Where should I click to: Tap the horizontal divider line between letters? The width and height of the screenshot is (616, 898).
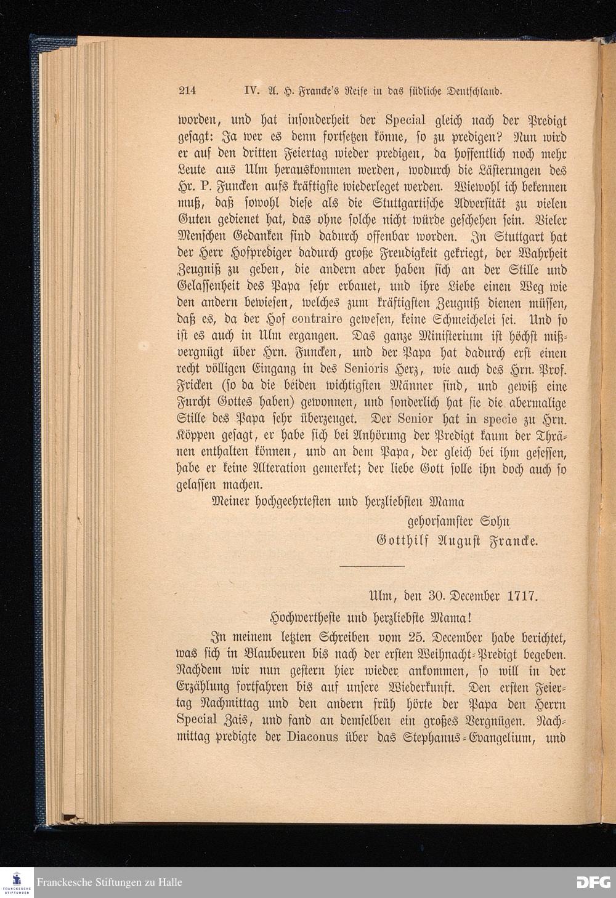(372, 566)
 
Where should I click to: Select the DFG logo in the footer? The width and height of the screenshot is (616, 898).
(593, 882)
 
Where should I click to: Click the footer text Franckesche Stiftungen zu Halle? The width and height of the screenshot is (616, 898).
(109, 882)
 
